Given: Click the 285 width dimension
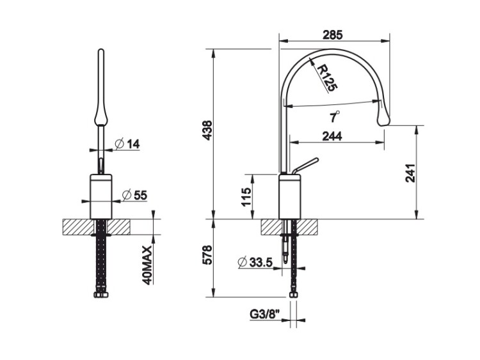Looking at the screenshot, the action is tap(333, 35).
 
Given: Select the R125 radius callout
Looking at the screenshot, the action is tap(326, 78).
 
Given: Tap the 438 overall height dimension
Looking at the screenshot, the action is tap(207, 130).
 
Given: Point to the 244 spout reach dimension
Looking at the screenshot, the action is tap(332, 136).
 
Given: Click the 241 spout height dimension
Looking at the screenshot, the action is tap(410, 173).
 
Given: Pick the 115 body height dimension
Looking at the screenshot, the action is tap(246, 197).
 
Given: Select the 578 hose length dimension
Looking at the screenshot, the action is tap(207, 254).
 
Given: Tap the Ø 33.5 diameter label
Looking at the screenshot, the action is tap(255, 262).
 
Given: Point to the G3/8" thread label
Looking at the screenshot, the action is tap(265, 314).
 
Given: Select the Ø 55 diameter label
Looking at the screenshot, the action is tap(134, 195).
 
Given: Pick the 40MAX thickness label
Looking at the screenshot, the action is tap(148, 265).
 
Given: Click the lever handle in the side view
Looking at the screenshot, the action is tap(305, 166).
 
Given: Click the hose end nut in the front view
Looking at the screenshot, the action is tap(101, 295).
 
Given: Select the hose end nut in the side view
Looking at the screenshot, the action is tap(293, 295).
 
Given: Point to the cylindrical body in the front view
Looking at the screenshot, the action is tap(101, 197).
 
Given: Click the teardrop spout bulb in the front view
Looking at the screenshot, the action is tap(101, 114).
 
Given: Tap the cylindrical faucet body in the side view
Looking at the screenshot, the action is tap(290, 197).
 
